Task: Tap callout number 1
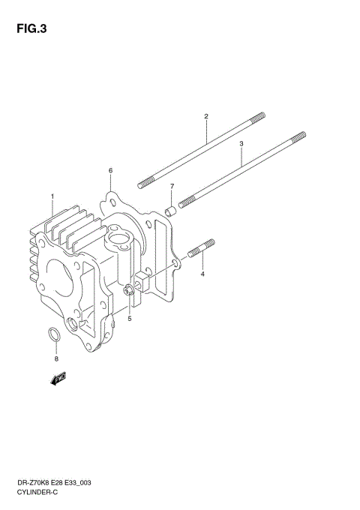(52, 196)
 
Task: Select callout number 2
(205, 116)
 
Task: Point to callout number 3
(241, 142)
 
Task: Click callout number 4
(202, 274)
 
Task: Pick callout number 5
(129, 318)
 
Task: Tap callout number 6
(110, 170)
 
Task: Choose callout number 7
(171, 186)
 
